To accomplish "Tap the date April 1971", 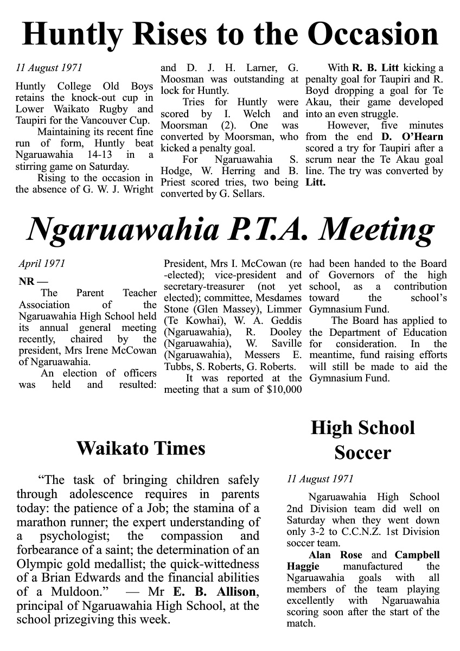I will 42,264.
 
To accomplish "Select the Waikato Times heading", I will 140,448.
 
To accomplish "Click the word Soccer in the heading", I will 362,452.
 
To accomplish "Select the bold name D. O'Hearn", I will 412,137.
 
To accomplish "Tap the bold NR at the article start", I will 25,282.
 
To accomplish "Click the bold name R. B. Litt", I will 375,68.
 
